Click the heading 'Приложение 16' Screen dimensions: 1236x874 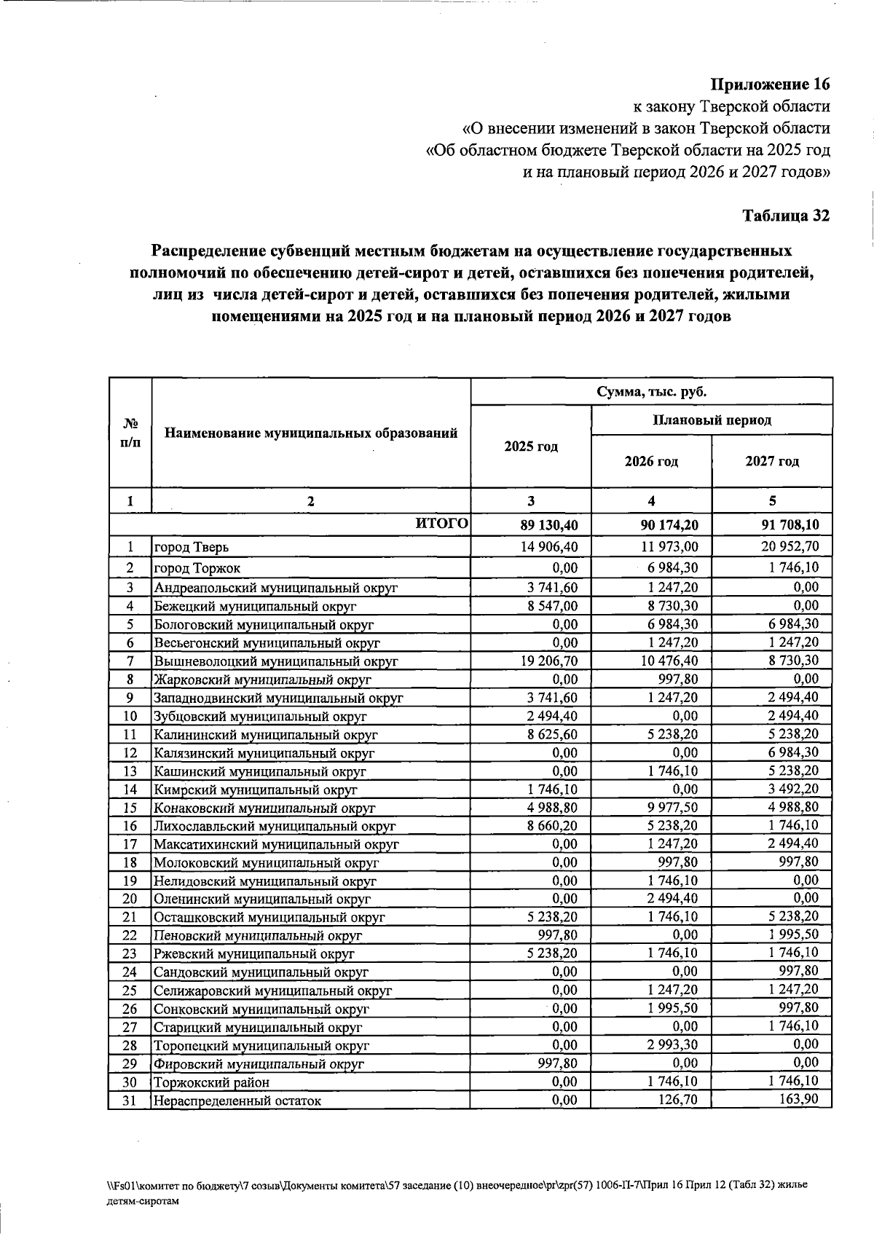tap(771, 84)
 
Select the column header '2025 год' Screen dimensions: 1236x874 tap(531, 446)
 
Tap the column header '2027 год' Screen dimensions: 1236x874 tap(772, 462)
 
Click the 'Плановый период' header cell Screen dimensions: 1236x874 tap(712, 420)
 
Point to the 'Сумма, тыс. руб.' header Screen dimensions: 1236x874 tap(652, 392)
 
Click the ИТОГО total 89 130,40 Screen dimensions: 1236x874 tap(550, 524)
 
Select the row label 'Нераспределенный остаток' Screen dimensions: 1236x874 tap(237, 1101)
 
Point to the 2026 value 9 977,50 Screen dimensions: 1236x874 tap(672, 808)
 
